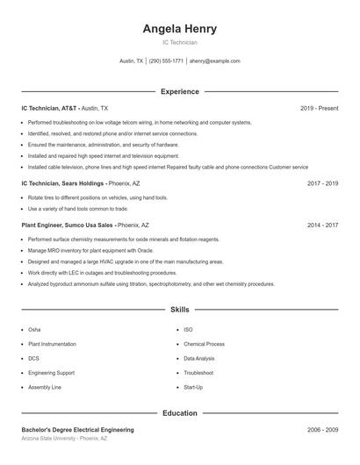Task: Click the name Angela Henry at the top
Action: coord(179,29)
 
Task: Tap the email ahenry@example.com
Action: coord(215,61)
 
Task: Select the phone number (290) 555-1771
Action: coord(166,61)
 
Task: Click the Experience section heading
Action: coord(179,91)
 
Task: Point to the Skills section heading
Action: coord(179,310)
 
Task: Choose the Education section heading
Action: coord(179,412)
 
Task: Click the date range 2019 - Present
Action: coord(319,108)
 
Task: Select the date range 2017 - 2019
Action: coord(322,184)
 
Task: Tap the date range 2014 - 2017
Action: coord(322,225)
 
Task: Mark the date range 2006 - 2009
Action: coord(322,430)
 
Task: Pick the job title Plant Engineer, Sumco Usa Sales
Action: coord(68,225)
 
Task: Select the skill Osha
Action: coord(34,329)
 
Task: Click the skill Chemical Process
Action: coord(204,344)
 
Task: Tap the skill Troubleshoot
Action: coord(198,373)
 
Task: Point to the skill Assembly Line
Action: coord(44,387)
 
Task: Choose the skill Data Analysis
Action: coord(200,358)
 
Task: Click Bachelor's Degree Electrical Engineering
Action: coord(77,430)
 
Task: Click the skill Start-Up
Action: coord(193,387)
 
